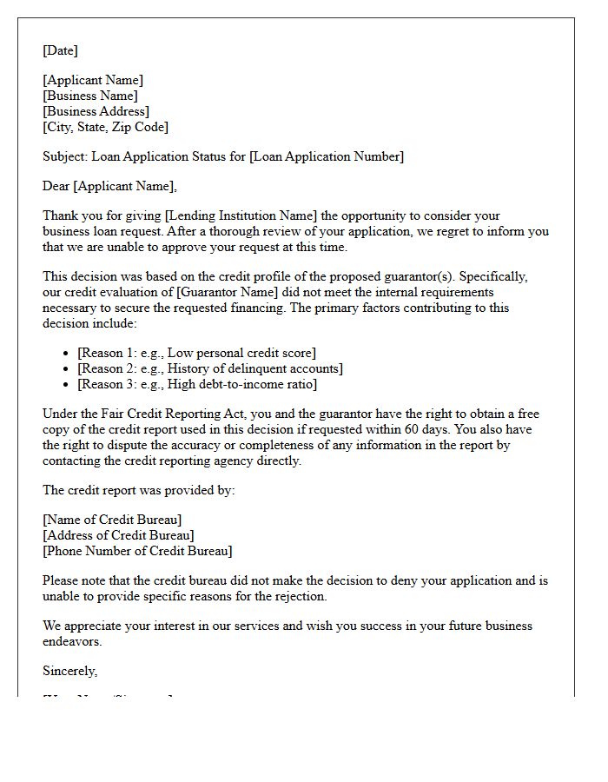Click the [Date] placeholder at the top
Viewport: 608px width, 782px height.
click(60, 50)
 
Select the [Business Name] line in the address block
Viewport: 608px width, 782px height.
click(90, 96)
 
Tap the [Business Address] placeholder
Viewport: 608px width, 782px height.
click(96, 111)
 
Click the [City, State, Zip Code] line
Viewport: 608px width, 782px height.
click(105, 127)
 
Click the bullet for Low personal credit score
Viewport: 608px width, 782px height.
click(68, 353)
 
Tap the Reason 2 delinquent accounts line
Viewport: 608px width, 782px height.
click(210, 368)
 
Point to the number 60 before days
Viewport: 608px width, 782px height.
click(406, 429)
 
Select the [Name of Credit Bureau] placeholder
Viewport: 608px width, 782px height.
click(112, 520)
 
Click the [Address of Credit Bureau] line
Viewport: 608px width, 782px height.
click(118, 535)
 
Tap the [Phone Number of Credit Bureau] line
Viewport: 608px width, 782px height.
click(137, 551)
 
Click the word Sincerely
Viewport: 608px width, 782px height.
click(69, 671)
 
